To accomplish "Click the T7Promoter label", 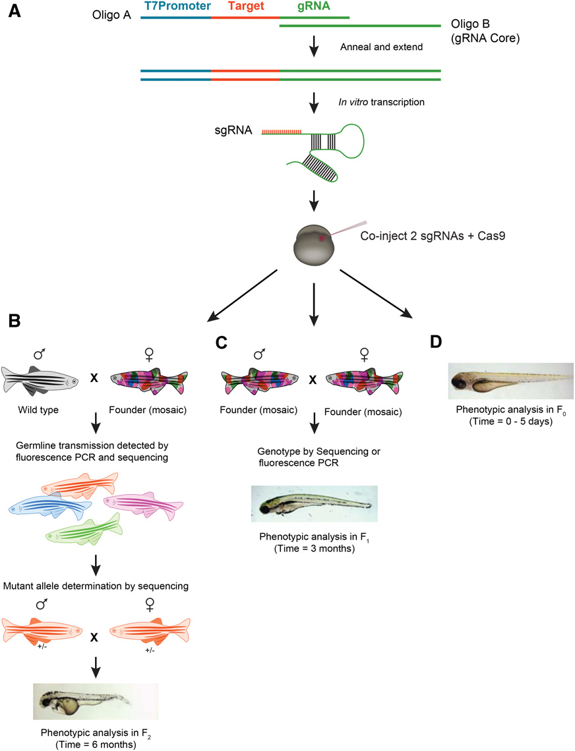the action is [x=177, y=6].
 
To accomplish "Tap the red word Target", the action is [x=246, y=7].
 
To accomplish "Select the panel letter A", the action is [x=15, y=11].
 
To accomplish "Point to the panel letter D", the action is [x=435, y=342].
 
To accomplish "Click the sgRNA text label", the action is [x=233, y=130].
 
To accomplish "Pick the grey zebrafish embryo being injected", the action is [x=314, y=244].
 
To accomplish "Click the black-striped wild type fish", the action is [x=40, y=380].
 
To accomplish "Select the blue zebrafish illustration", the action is [x=50, y=506].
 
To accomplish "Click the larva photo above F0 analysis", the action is [x=511, y=381].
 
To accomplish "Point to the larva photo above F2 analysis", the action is [x=96, y=701].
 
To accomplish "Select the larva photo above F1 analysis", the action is [x=314, y=503].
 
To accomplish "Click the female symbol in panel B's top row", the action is [x=149, y=354].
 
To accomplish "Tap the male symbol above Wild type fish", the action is [x=40, y=354].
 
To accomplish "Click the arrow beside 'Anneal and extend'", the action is [x=314, y=46].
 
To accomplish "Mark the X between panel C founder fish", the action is [x=313, y=380].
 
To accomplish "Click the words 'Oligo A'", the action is [x=111, y=15].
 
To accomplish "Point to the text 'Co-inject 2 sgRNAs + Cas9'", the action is [x=433, y=236].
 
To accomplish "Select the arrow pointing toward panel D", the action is [x=376, y=294].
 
